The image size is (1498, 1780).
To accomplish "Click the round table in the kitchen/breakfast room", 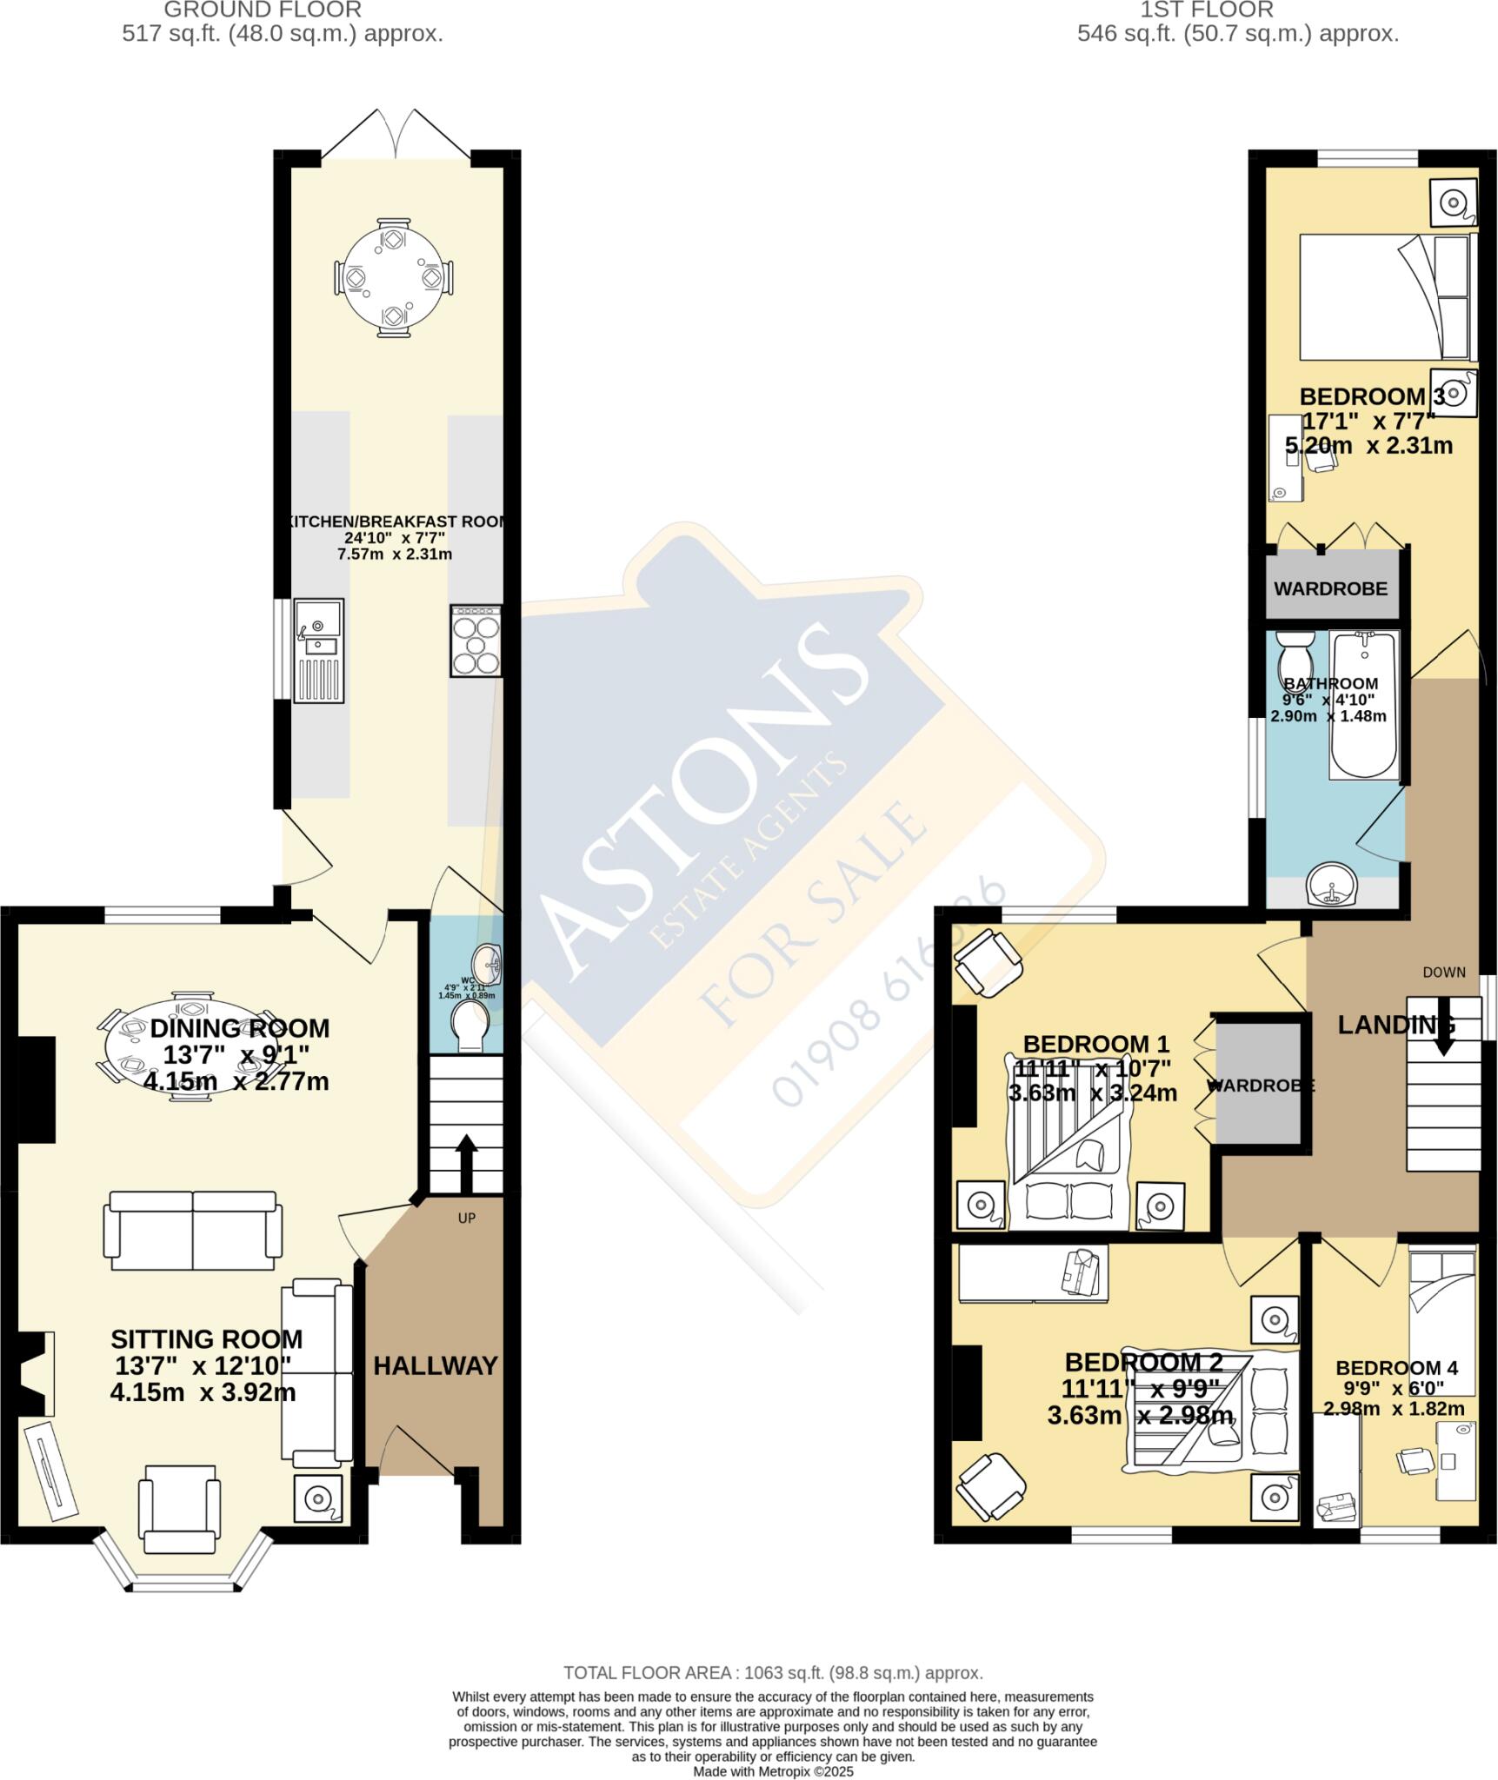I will (394, 277).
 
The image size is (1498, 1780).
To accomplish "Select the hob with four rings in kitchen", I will (476, 641).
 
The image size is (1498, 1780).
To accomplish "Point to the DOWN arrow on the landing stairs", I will (1443, 1026).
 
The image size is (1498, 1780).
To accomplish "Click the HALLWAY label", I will (436, 1365).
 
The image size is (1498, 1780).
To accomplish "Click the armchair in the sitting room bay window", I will (179, 1509).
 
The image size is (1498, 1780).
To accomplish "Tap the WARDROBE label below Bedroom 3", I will (1330, 588).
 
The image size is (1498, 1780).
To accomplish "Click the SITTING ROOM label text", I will (207, 1338).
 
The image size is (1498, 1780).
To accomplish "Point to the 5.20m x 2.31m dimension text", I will (1368, 446).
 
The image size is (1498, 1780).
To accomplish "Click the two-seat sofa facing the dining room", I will (192, 1230).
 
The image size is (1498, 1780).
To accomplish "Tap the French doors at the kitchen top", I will (396, 135).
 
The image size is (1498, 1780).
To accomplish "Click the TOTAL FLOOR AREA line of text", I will (773, 1672).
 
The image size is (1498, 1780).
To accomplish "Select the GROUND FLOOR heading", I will (263, 10).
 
